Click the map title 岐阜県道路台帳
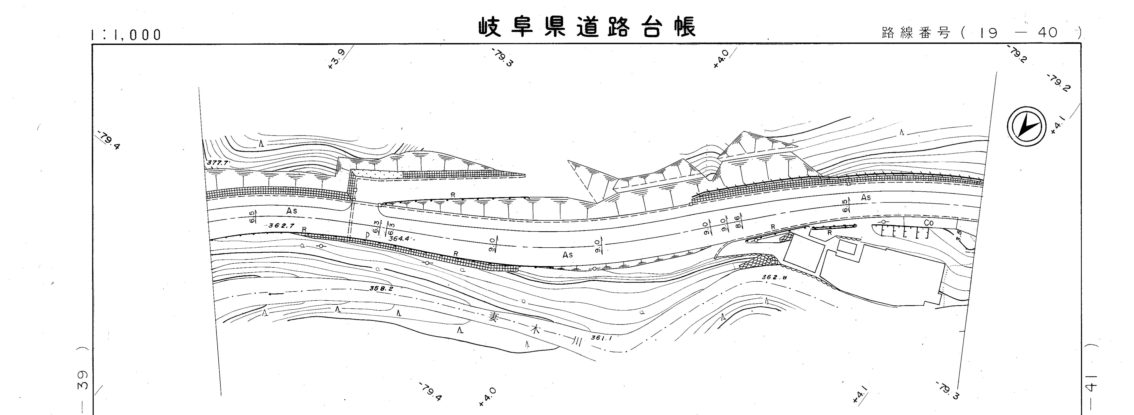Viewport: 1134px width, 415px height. pyautogui.click(x=587, y=27)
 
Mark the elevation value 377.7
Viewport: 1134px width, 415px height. pyautogui.click(x=217, y=163)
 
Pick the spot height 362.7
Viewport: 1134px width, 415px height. pyautogui.click(x=281, y=225)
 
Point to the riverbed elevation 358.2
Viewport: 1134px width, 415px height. pyautogui.click(x=381, y=289)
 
